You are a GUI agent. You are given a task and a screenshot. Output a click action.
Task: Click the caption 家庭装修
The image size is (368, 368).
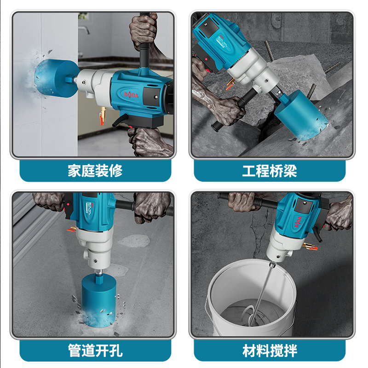(95, 171)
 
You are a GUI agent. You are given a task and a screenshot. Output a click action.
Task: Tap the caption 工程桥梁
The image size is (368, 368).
(270, 171)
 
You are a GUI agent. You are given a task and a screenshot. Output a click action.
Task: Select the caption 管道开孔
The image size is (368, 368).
(95, 351)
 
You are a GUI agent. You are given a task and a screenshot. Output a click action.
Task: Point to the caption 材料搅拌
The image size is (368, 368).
(270, 351)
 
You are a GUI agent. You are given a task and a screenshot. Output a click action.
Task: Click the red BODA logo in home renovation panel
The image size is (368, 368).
(131, 95)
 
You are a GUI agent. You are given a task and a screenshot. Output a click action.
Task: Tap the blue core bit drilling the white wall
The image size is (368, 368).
(56, 78)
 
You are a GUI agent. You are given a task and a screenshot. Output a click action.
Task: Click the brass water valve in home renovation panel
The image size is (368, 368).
(103, 115)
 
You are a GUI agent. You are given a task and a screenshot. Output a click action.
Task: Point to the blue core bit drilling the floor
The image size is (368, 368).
(98, 300)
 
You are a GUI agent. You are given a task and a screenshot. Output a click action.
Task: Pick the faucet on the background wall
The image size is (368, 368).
(84, 29)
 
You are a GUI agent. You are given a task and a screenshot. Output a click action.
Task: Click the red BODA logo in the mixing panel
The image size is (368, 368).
(298, 222)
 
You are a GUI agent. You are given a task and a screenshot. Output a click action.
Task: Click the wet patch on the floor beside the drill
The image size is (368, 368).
(134, 241)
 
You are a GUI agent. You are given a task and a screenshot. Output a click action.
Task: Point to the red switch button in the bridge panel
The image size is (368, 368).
(207, 59)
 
